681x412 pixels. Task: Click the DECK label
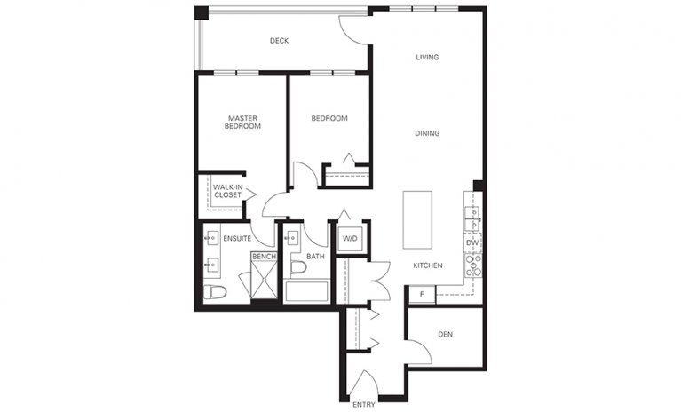pyautogui.click(x=280, y=41)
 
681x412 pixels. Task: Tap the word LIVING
pyautogui.click(x=428, y=58)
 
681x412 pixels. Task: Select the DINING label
pyautogui.click(x=428, y=134)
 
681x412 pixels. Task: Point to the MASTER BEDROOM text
pyautogui.click(x=242, y=123)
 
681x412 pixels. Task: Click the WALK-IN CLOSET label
pyautogui.click(x=228, y=191)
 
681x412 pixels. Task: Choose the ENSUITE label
pyautogui.click(x=237, y=239)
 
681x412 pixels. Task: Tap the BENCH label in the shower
pyautogui.click(x=264, y=257)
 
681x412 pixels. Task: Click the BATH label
pyautogui.click(x=315, y=257)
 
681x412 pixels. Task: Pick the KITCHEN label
pyautogui.click(x=428, y=265)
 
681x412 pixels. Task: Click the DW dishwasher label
pyautogui.click(x=472, y=242)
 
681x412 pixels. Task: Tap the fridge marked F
pyautogui.click(x=423, y=294)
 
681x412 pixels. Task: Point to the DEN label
pyautogui.click(x=446, y=335)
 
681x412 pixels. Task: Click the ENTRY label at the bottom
pyautogui.click(x=364, y=405)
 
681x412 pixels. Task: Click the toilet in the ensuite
pyautogui.click(x=215, y=292)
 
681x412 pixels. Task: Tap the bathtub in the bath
pyautogui.click(x=307, y=292)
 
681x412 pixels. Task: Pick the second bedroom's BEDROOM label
pyautogui.click(x=329, y=118)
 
